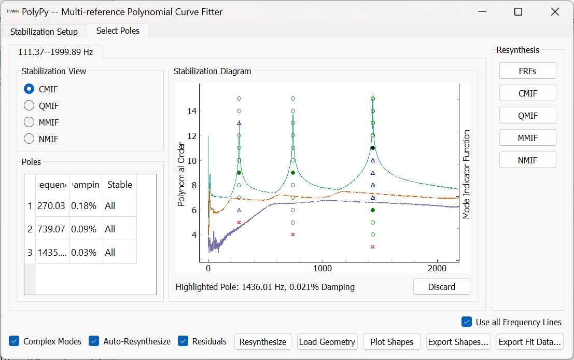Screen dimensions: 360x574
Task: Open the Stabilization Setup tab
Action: [x=44, y=32]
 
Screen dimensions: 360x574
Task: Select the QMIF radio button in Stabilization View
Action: [x=30, y=106]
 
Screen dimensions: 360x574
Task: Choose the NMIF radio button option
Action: [x=30, y=139]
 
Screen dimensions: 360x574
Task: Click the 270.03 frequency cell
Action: [x=52, y=206]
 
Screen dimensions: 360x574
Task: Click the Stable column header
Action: [x=120, y=185]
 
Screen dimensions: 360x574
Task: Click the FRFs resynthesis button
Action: [x=527, y=71]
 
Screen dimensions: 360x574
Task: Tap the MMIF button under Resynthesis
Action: [x=527, y=138]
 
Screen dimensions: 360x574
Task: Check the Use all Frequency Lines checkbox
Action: [x=467, y=322]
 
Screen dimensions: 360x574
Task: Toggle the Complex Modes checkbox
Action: [x=15, y=341]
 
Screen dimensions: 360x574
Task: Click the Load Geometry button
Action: [x=327, y=342]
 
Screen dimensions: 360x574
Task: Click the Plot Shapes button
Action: [x=392, y=342]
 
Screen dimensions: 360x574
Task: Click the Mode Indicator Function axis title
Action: [x=466, y=174]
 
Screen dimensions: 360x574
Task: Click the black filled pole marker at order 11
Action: [x=373, y=148]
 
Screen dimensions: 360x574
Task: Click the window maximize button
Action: [x=518, y=12]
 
